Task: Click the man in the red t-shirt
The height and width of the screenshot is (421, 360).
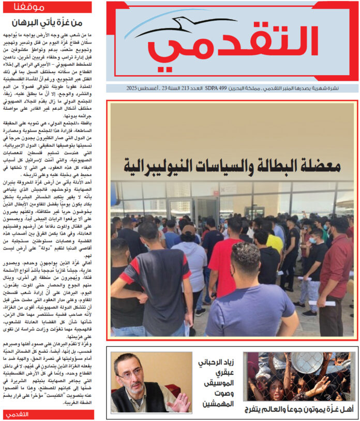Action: (x=225, y=259)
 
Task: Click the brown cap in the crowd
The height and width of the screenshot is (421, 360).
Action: (x=189, y=230)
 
